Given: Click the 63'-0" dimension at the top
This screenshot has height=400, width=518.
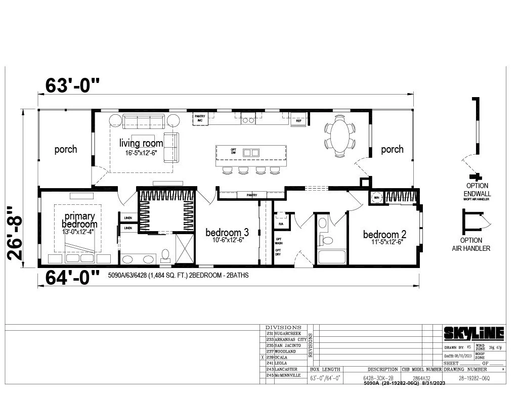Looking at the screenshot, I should coord(70,85).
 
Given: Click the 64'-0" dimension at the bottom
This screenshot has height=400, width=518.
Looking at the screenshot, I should coord(70,278).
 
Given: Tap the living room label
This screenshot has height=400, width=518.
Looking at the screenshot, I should coord(141,144).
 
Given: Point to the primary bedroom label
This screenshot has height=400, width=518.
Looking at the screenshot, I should coord(79,220).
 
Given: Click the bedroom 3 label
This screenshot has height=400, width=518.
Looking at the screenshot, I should coord(227,233).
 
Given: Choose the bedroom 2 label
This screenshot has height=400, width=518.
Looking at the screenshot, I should coord(384,235).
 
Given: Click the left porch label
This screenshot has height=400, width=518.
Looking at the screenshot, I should coord(66,149).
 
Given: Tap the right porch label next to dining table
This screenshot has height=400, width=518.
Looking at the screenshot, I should coord(392,149).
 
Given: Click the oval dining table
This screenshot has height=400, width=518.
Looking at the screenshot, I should coord(339,135).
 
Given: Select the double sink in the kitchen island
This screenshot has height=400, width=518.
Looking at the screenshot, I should coord(250,152).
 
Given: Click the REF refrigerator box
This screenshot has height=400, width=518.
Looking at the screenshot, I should coord(298,121).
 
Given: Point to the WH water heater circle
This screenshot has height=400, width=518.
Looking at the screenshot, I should coord(376,198).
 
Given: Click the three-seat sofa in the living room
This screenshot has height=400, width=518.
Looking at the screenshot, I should coord(144,121).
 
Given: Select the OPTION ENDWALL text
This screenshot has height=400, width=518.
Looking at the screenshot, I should coord(477,190).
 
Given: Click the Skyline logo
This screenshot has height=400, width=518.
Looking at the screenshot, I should coord(474,333).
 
